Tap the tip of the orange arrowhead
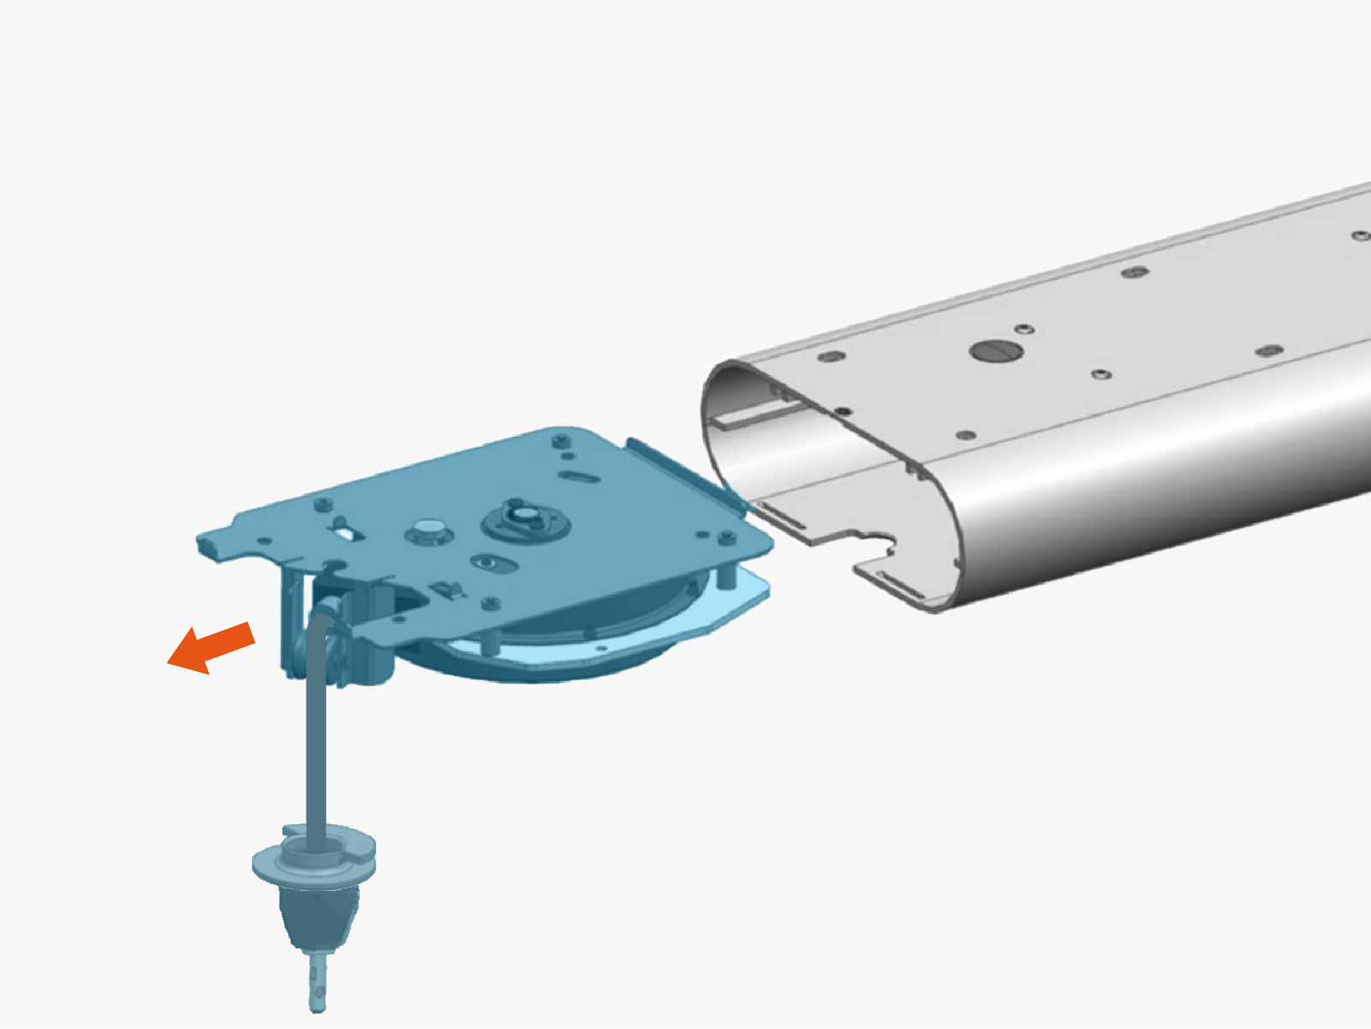coord(169,661)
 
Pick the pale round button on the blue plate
coord(428,529)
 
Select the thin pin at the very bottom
coord(318,985)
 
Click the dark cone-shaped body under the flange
coord(314,917)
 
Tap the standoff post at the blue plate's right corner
coord(726,576)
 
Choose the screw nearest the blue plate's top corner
coord(561,441)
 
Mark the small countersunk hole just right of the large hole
coord(1023,329)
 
